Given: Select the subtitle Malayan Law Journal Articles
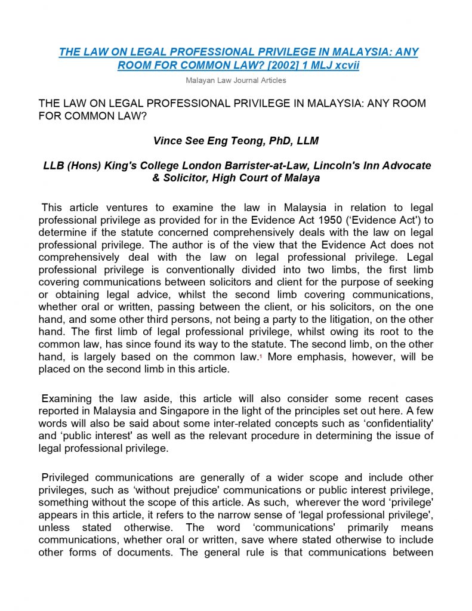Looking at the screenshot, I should (236, 80).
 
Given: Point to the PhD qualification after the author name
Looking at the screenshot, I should (270, 141).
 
